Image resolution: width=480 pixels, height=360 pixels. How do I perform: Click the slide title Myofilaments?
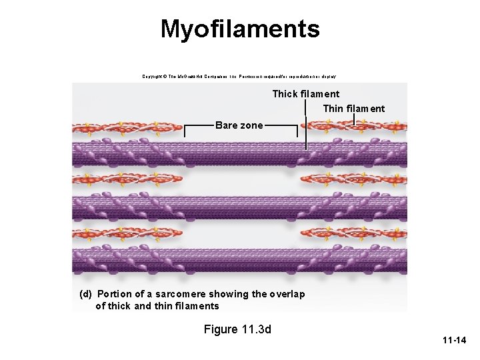pyautogui.click(x=240, y=29)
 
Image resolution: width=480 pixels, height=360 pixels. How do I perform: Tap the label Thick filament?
pyautogui.click(x=305, y=94)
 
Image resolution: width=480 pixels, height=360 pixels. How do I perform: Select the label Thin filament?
pyautogui.click(x=353, y=109)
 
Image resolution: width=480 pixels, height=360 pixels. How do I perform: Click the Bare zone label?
pyautogui.click(x=239, y=125)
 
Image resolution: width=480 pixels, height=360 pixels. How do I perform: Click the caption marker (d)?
pyautogui.click(x=85, y=294)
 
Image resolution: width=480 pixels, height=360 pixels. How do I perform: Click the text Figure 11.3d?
pyautogui.click(x=238, y=329)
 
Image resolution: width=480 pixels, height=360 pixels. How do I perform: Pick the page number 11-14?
pyautogui.click(x=454, y=341)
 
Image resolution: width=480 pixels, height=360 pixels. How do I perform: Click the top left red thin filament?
pyautogui.click(x=127, y=126)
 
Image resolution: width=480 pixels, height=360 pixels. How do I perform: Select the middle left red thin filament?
pyautogui.click(x=127, y=179)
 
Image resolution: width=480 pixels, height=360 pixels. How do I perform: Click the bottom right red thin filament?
pyautogui.click(x=353, y=232)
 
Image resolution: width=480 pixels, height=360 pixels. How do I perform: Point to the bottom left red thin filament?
pyautogui.click(x=127, y=232)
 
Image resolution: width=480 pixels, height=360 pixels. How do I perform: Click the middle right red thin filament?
pyautogui.click(x=353, y=179)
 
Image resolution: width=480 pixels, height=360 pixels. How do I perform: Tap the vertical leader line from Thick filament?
pyautogui.click(x=306, y=127)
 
